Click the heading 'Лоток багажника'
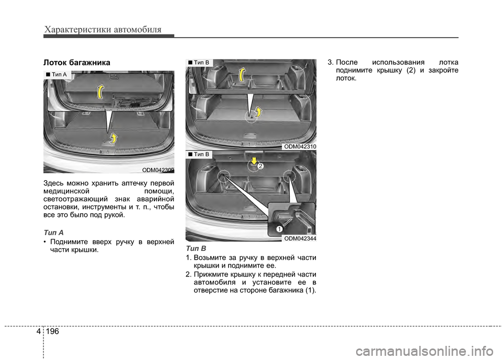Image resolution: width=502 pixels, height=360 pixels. point(77,62)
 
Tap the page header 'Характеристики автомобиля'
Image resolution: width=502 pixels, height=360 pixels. point(103,30)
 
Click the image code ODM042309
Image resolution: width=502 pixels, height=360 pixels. point(158,170)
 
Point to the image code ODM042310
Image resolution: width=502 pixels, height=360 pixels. point(300,146)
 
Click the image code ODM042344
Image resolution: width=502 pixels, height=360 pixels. point(300,238)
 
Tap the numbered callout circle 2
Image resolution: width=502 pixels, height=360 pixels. point(260,166)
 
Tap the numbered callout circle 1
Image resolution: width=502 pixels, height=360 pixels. point(279,229)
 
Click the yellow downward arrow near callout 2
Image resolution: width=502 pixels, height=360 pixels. point(254,160)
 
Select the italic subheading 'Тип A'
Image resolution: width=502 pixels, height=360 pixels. point(53,233)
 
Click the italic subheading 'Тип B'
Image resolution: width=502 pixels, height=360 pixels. point(196,249)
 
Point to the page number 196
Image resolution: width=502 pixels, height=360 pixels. point(52,331)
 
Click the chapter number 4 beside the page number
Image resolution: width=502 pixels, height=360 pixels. point(38,331)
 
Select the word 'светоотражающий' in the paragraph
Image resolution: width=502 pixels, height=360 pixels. point(75,200)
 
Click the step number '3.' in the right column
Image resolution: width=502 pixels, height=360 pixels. point(330,62)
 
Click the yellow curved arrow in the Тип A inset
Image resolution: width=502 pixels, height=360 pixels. point(101,92)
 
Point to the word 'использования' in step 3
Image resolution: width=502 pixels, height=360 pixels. point(398,62)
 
